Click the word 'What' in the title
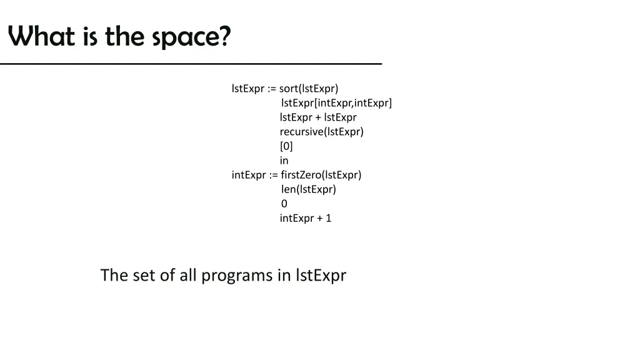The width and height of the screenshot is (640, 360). (x=42, y=37)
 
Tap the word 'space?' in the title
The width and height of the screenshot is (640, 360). (x=191, y=38)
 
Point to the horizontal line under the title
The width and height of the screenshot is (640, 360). (x=191, y=64)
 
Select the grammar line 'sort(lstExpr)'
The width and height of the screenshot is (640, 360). (x=309, y=88)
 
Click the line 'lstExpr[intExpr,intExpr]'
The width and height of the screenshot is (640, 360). (x=336, y=102)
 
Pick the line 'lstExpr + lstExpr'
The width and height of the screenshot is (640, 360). (x=318, y=117)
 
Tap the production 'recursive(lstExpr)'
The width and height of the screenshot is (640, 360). (x=321, y=131)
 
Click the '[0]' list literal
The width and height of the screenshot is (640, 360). (x=286, y=146)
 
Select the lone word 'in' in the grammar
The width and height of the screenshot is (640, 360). (x=284, y=160)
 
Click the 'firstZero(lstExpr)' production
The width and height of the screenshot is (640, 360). (x=321, y=174)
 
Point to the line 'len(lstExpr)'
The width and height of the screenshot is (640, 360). (x=308, y=189)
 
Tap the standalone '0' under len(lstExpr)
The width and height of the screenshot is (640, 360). (x=284, y=203)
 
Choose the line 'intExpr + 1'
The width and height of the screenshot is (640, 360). (x=306, y=218)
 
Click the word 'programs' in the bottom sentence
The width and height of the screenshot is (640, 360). (x=237, y=275)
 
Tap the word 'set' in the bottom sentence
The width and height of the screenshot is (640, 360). (x=144, y=275)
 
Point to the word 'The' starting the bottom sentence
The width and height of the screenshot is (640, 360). (x=114, y=275)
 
